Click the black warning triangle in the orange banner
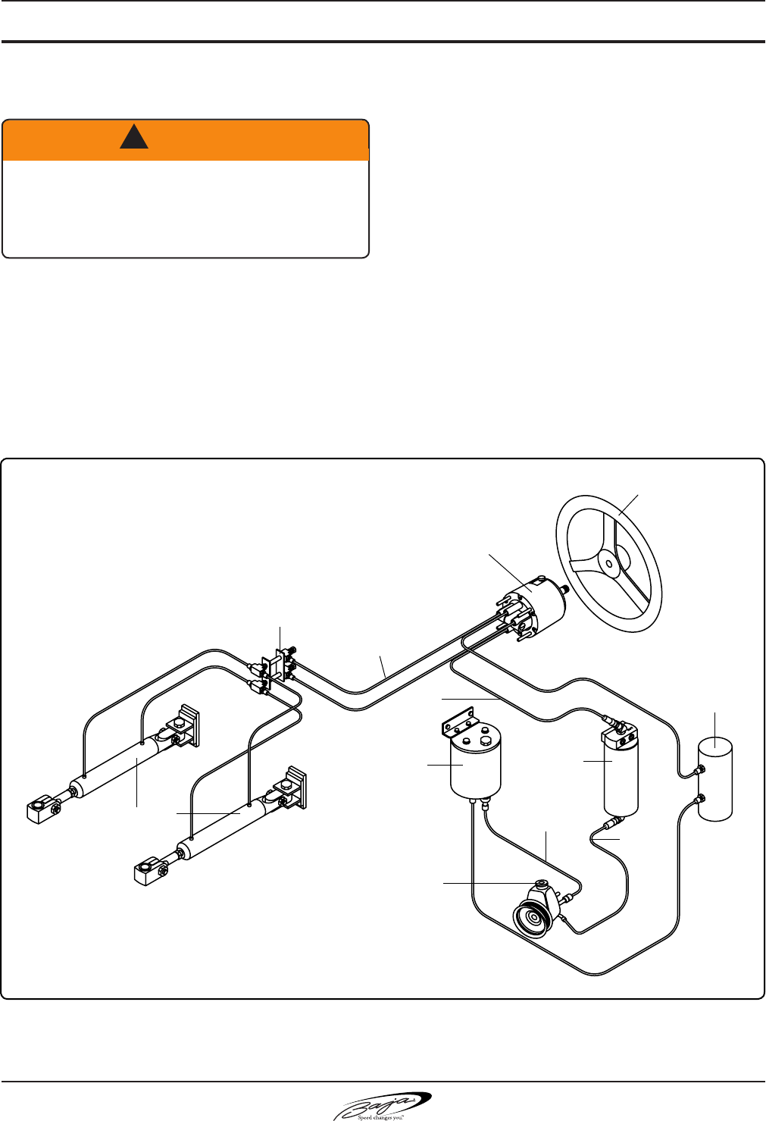click(134, 136)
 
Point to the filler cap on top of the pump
click(541, 884)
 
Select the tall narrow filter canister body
click(621, 777)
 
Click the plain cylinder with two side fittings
click(716, 781)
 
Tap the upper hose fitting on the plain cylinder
click(700, 770)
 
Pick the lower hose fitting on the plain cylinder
click(700, 797)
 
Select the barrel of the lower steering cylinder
click(220, 831)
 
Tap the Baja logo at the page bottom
click(383, 1106)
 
